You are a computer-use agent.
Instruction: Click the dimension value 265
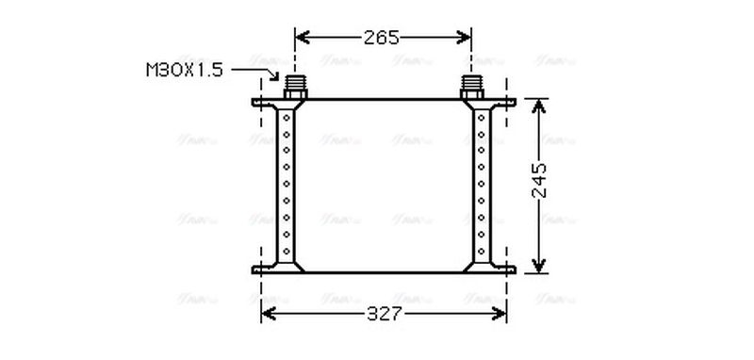click(383, 38)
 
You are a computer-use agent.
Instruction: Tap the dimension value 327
click(383, 315)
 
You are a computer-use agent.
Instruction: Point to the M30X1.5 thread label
click(184, 70)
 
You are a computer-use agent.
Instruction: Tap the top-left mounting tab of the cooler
click(262, 102)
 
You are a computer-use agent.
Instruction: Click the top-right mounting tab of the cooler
click(506, 102)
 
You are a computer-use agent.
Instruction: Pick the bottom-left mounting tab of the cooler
click(262, 270)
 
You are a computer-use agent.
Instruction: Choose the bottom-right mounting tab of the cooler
click(506, 270)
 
